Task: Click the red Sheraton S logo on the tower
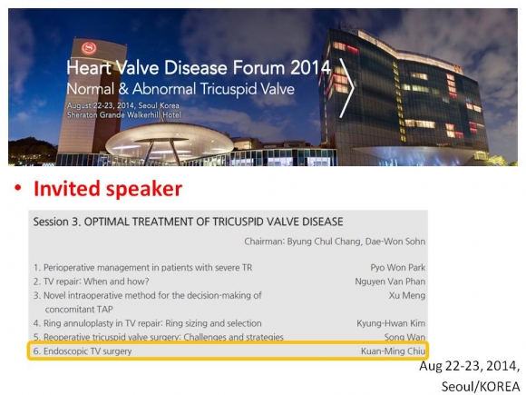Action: tap(89, 48)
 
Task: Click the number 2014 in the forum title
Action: tap(310, 67)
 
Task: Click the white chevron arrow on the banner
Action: tap(346, 88)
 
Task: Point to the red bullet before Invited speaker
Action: tap(18, 188)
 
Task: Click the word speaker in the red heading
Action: tap(144, 190)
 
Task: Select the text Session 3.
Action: tap(57, 222)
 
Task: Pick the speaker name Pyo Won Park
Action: tap(398, 268)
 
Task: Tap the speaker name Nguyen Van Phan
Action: tap(390, 281)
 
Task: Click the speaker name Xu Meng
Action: tap(407, 296)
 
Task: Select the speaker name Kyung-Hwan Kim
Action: tap(391, 323)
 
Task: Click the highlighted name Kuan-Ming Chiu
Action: tap(394, 351)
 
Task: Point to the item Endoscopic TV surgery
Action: tap(88, 351)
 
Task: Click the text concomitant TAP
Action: tap(79, 310)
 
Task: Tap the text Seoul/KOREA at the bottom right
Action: tap(481, 386)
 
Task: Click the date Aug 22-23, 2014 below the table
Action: tap(469, 366)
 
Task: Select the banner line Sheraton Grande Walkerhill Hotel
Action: tap(123, 115)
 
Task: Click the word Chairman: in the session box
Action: tap(264, 242)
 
